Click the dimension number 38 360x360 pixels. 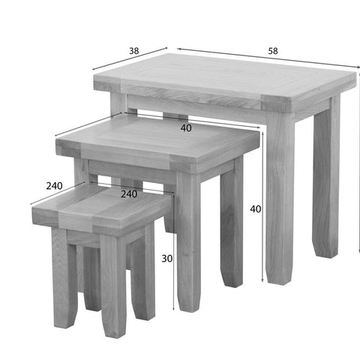[134, 51]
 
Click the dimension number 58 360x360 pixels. [273, 51]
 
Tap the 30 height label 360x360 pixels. [167, 259]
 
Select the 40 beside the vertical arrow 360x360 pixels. [256, 209]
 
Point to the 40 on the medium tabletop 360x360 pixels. [186, 128]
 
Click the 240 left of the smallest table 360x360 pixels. [54, 186]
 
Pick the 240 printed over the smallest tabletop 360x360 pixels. [129, 194]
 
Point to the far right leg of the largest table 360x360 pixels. [326, 175]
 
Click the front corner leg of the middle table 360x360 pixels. [189, 240]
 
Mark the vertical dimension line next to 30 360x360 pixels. [173, 252]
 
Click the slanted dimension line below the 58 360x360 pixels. [268, 58]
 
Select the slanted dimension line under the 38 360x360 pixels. [130, 58]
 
